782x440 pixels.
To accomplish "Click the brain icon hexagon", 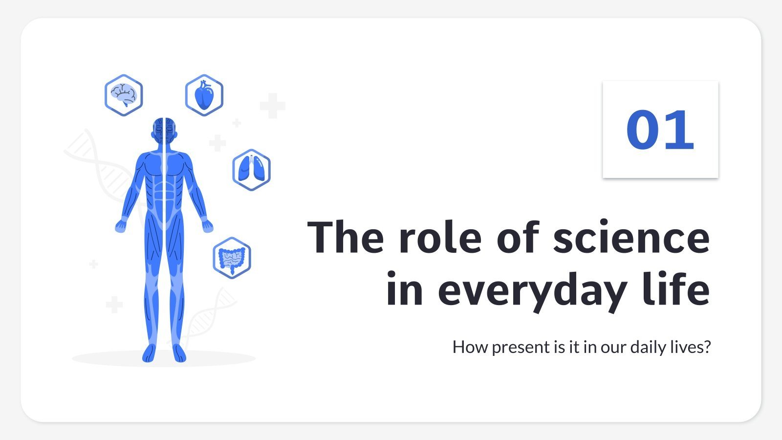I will (x=124, y=95).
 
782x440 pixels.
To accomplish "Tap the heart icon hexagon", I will (x=204, y=95).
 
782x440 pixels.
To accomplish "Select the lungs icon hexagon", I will (x=251, y=170).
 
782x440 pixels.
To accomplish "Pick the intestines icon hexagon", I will (x=232, y=258).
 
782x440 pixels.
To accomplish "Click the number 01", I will (x=660, y=130).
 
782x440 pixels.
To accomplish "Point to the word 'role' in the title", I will (x=440, y=238).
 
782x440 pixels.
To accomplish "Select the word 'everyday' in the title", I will (x=532, y=291).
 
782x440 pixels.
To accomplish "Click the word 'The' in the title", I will (x=346, y=238).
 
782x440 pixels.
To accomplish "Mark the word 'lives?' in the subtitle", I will (x=690, y=347).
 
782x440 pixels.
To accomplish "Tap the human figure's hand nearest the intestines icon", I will (x=208, y=225).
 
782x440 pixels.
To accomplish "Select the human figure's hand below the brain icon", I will (x=120, y=225).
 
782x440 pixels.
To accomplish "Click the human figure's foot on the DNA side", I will (x=179, y=353).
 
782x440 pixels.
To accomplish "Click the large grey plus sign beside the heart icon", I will (x=272, y=106).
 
